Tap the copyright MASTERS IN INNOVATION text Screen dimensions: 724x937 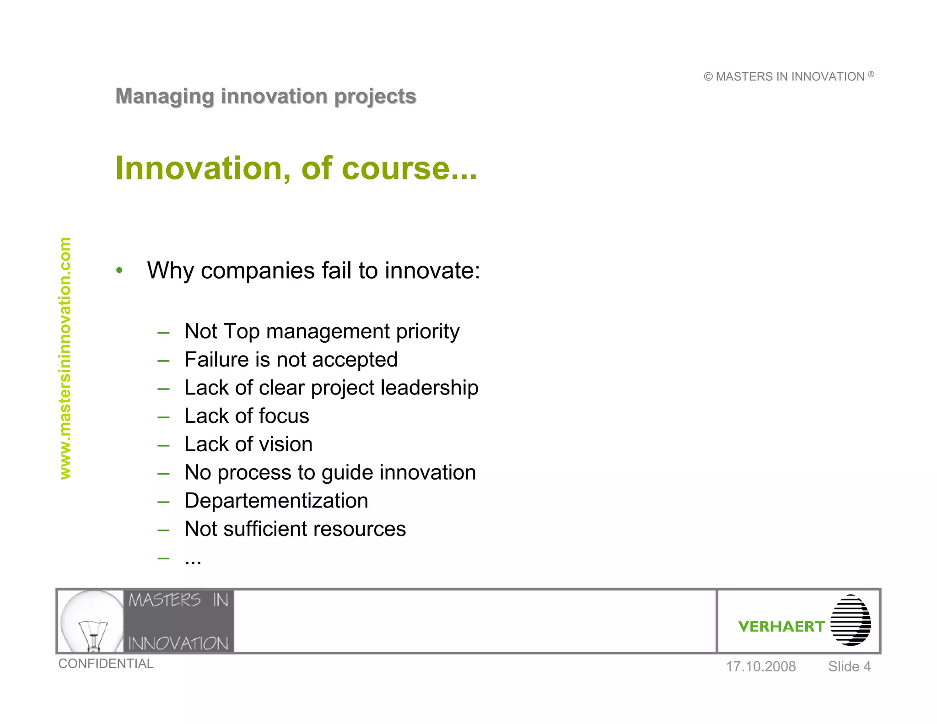[x=788, y=76]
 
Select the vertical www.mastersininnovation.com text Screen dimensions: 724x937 [x=65, y=358]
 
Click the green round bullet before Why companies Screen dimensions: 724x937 [x=119, y=270]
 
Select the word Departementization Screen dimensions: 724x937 [x=276, y=501]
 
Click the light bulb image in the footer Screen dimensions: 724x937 [x=92, y=621]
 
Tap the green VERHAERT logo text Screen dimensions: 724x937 [x=781, y=627]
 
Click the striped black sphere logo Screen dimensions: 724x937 [x=851, y=621]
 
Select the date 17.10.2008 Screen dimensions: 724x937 [x=760, y=667]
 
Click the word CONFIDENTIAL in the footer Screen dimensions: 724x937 [x=106, y=664]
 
